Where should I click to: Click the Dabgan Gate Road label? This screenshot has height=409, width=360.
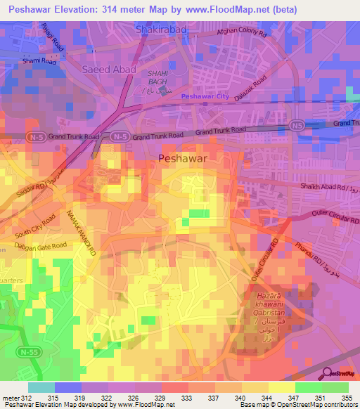(x=42, y=246)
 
